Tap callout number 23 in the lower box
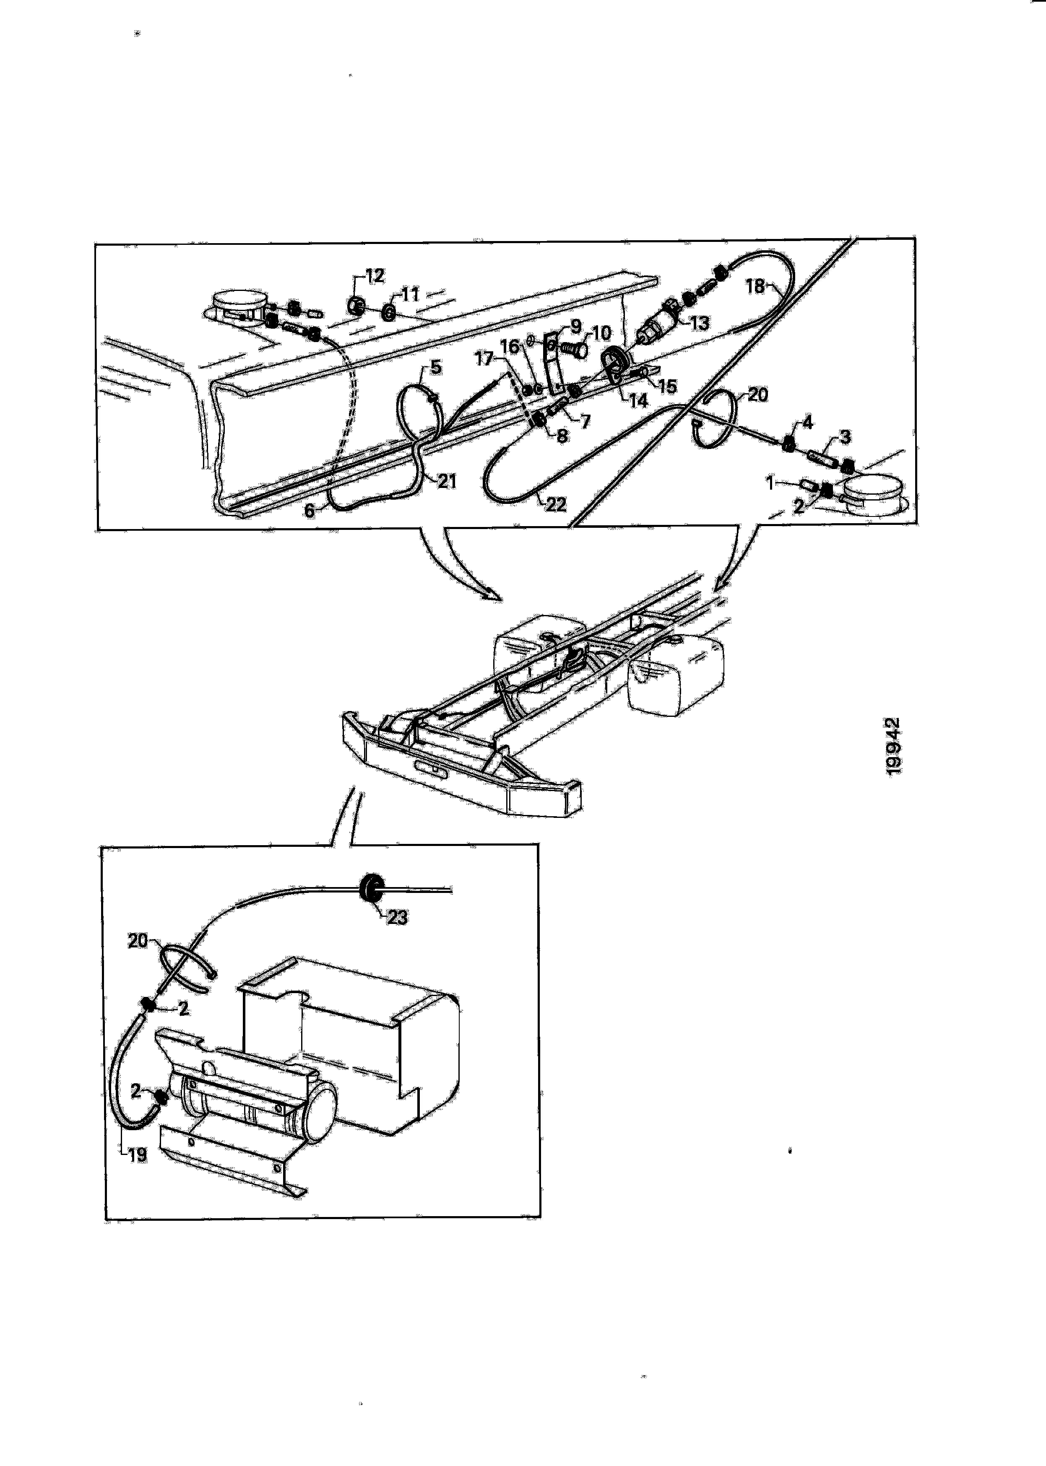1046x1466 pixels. coord(398,918)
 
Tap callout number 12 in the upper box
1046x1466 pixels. coord(375,276)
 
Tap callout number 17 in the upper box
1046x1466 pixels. coord(484,358)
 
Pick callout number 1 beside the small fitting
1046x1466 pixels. coord(770,482)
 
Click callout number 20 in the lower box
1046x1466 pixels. coord(138,941)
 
